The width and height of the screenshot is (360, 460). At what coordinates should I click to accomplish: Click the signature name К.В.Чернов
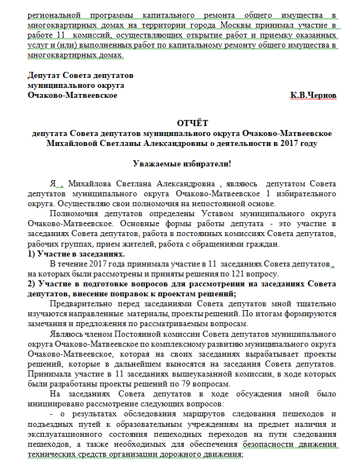point(313,95)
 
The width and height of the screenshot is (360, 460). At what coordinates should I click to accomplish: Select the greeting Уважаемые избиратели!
point(182,163)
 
